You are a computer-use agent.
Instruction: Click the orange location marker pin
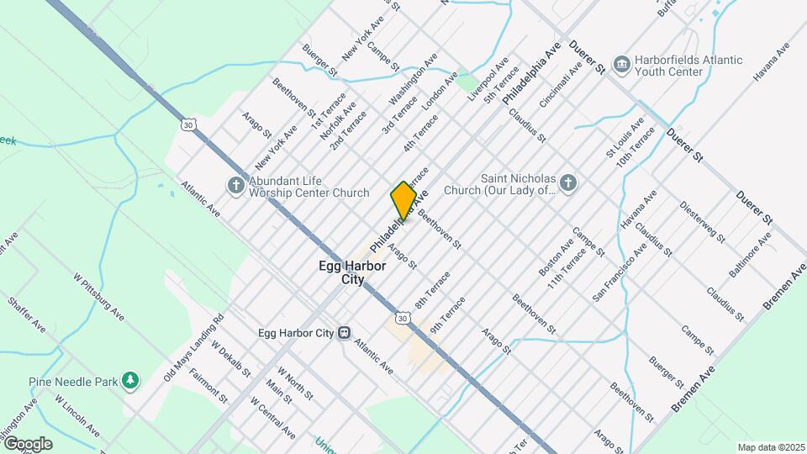tap(403, 200)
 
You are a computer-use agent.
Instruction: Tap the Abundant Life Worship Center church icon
tap(236, 185)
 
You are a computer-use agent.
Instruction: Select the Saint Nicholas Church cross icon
tap(568, 183)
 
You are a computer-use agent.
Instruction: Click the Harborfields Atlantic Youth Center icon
tap(621, 65)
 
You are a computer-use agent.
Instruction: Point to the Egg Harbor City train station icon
tap(344, 333)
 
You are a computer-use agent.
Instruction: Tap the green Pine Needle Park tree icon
tap(129, 382)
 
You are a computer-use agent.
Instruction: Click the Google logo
tap(27, 444)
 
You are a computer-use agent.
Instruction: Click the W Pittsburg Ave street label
tap(98, 297)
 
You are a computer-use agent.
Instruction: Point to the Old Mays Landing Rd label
tap(194, 345)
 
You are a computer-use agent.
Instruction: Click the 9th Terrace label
tap(447, 316)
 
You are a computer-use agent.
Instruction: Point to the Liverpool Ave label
tap(488, 79)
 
